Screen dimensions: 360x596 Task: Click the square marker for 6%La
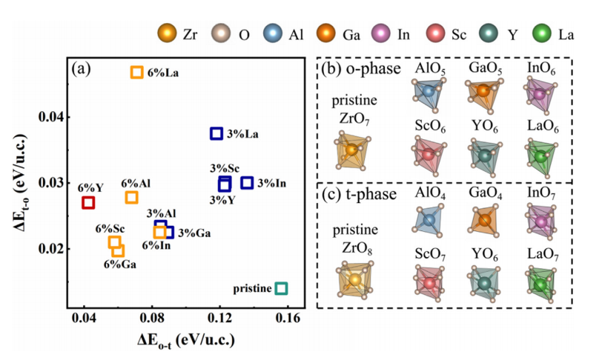tap(136, 72)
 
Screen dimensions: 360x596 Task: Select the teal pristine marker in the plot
tap(281, 288)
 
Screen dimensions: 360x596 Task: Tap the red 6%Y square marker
tap(88, 202)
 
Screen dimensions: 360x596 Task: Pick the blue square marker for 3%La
tap(216, 133)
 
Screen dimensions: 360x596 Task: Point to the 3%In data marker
tap(248, 182)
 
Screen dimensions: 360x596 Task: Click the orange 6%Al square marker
tap(131, 197)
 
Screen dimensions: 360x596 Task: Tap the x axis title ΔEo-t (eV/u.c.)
tap(186, 341)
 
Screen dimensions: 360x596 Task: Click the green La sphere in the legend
tap(543, 35)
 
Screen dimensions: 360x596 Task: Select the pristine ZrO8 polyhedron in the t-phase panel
tap(354, 280)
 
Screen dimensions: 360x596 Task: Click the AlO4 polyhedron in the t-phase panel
tap(428, 221)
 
